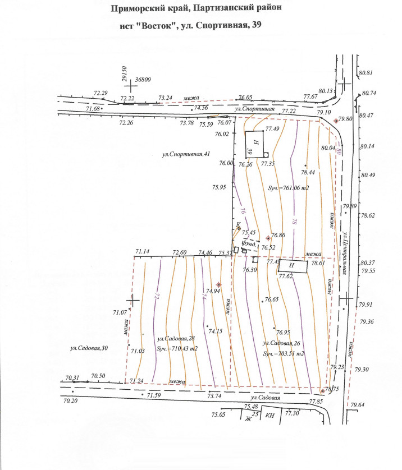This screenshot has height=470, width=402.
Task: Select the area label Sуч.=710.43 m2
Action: [x=177, y=348]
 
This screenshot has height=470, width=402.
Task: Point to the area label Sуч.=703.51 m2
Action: [x=284, y=354]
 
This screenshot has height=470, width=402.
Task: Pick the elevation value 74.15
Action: [x=216, y=331]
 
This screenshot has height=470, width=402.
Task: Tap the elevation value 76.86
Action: [x=278, y=235]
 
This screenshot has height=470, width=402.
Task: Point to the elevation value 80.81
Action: [x=366, y=73]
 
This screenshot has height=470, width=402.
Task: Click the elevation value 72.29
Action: [x=101, y=93]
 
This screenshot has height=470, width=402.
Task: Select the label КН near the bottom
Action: [x=270, y=416]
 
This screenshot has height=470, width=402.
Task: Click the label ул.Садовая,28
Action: [x=176, y=338]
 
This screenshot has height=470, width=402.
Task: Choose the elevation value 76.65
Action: [x=272, y=300]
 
